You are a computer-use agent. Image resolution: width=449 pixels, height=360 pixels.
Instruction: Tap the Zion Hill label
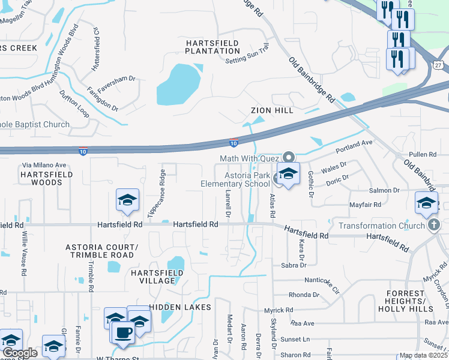coord(272,110)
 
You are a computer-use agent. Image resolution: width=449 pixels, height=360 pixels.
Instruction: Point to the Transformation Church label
coord(381,226)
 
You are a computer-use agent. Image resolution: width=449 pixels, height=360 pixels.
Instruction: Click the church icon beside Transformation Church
coord(435,226)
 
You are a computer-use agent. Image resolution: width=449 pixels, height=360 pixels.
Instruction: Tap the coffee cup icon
coord(124,332)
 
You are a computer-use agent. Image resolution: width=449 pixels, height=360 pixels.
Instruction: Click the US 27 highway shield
coord(438,65)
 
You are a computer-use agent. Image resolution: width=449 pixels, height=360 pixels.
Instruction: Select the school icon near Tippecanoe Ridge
coord(127,200)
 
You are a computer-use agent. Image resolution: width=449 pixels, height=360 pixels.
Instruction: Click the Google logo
coord(20,353)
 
